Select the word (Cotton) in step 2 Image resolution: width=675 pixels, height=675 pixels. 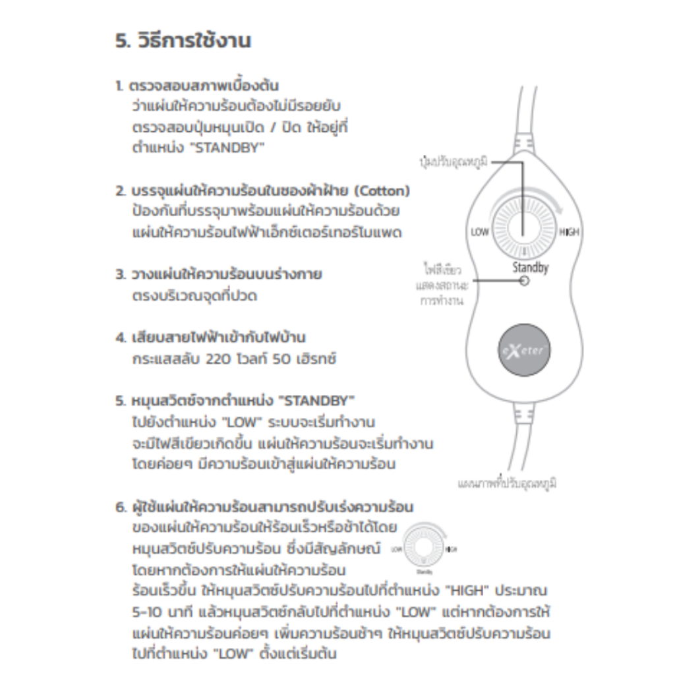(x=382, y=191)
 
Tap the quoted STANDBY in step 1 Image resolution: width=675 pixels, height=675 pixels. (x=226, y=148)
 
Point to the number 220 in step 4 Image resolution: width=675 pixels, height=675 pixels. (x=219, y=360)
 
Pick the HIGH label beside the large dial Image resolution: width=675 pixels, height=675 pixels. (x=569, y=232)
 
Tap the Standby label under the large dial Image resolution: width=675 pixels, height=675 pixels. (x=530, y=268)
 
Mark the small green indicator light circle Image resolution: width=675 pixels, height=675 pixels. (x=524, y=281)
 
